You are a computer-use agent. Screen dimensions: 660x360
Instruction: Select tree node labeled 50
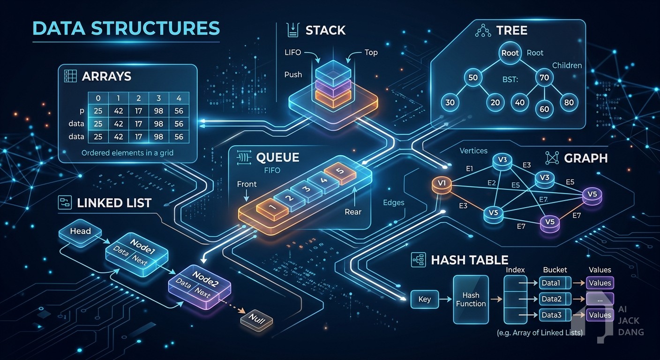(x=473, y=77)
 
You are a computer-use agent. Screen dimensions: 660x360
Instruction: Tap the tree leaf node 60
(x=544, y=109)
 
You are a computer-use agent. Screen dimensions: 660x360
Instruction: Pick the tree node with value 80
(x=569, y=103)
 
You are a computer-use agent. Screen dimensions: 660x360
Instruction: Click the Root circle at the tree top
(x=510, y=52)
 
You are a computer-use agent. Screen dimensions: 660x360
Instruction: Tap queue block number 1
(x=272, y=209)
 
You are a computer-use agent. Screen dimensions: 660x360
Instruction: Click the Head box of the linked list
(x=80, y=232)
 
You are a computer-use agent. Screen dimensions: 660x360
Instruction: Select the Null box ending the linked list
(x=256, y=320)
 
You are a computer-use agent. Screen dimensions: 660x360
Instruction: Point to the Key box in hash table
(x=425, y=299)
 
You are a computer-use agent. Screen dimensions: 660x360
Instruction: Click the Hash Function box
(x=471, y=300)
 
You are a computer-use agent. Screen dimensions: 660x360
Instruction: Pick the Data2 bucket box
(x=555, y=299)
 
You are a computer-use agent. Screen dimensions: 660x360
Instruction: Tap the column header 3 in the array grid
(x=158, y=98)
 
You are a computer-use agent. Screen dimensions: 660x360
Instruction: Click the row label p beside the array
(x=82, y=111)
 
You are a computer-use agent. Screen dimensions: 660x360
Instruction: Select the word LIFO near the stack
(x=293, y=52)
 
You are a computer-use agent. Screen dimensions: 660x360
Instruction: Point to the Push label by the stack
(x=293, y=75)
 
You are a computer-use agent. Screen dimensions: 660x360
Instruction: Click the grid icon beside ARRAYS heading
(x=70, y=76)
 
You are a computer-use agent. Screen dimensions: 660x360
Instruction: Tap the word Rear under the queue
(x=353, y=212)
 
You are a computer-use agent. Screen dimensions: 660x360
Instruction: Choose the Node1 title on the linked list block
(x=142, y=246)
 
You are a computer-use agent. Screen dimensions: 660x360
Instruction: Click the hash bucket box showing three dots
(x=600, y=299)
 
